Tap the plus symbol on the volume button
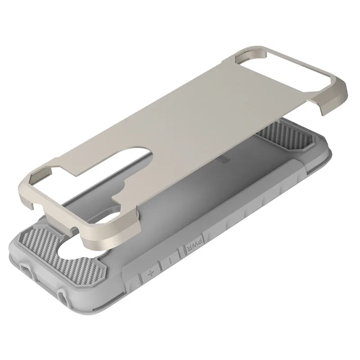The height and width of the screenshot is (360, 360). [x=151, y=274]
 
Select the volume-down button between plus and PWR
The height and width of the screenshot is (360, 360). [x=170, y=261]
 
